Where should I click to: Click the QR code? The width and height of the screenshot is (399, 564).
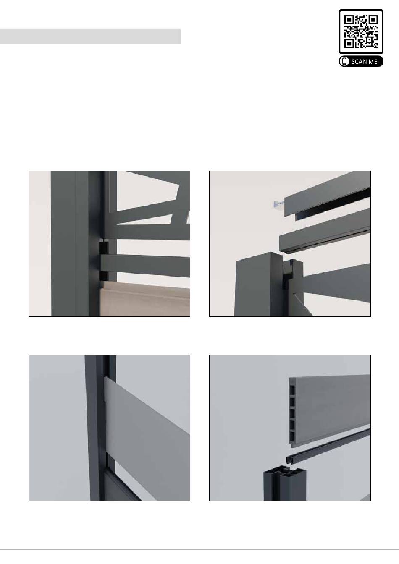tap(361, 31)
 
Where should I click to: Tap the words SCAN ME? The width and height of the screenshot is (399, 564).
tap(364, 62)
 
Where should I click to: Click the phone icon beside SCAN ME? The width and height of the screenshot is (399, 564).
tap(344, 61)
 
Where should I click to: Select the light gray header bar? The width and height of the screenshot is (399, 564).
tap(90, 36)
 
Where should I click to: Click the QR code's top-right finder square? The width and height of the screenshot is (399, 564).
tap(373, 19)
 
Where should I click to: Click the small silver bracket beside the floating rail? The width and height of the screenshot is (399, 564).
tap(279, 205)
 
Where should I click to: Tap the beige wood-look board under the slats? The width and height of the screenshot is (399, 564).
tap(145, 299)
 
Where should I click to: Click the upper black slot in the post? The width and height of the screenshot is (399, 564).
tap(104, 248)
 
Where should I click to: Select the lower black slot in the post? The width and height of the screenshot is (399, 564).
tap(104, 276)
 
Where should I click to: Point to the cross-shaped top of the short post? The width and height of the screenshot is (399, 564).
tap(285, 472)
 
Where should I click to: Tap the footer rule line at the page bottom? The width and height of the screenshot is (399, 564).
tap(199, 549)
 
